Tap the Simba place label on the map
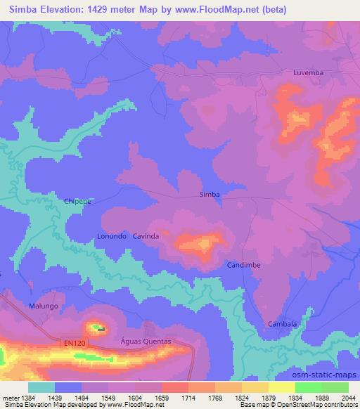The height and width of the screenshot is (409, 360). click(x=210, y=195)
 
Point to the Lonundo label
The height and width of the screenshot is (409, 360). click(x=111, y=237)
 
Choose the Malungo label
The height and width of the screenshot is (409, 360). click(x=43, y=307)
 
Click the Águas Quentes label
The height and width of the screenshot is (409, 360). click(x=146, y=341)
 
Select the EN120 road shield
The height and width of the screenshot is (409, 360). click(x=73, y=343)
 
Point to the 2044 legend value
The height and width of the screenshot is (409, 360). click(x=349, y=398)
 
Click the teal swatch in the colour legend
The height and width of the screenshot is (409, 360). click(x=41, y=387)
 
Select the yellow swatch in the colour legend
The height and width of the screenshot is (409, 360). click(x=282, y=387)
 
